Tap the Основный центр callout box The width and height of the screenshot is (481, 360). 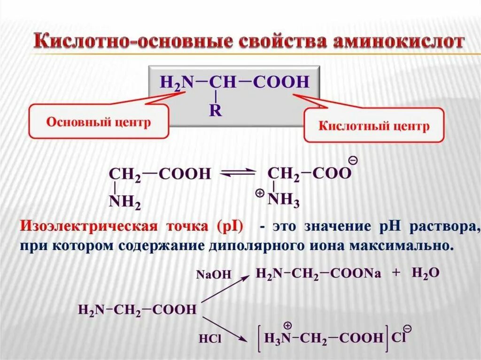pyautogui.click(x=98, y=122)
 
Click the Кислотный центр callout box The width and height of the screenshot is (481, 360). pyautogui.click(x=374, y=126)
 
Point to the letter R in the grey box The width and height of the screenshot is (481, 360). pyautogui.click(x=216, y=111)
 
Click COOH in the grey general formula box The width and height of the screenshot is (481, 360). pyautogui.click(x=281, y=82)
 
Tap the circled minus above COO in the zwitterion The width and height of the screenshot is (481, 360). pyautogui.click(x=354, y=161)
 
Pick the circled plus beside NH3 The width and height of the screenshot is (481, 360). pyautogui.click(x=259, y=193)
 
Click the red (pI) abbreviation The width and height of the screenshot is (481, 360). pyautogui.click(x=230, y=227)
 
